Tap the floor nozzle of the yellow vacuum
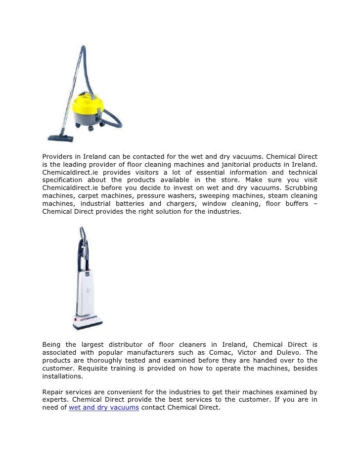(x=60, y=139)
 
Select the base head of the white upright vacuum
(x=88, y=322)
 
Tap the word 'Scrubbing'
(x=300, y=188)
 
